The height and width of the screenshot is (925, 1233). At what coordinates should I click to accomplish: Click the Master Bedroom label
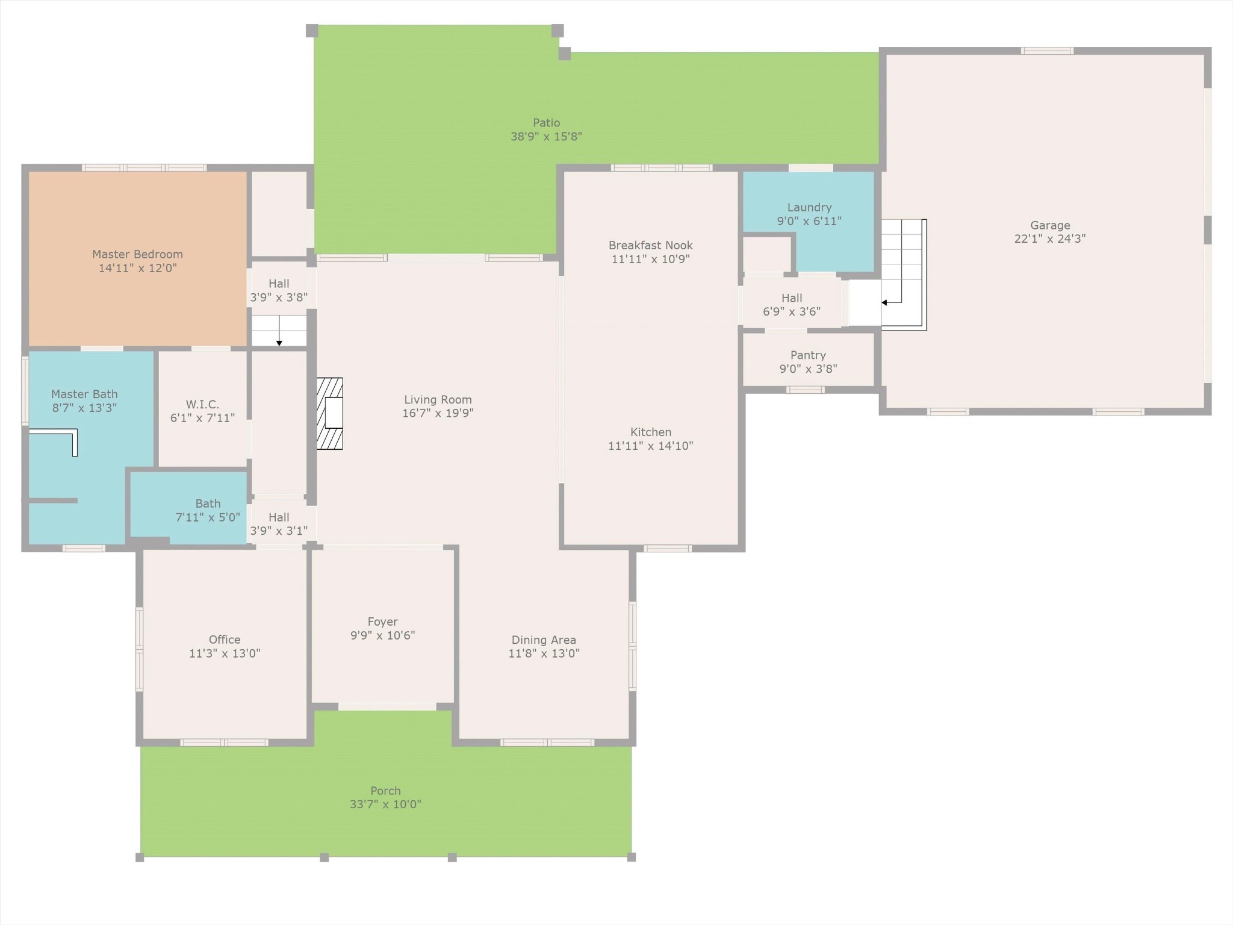pyautogui.click(x=137, y=255)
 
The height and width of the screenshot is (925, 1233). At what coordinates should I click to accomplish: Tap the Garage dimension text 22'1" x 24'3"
pyautogui.click(x=1050, y=238)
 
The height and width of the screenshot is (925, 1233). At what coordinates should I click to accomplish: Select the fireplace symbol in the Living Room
pyautogui.click(x=330, y=414)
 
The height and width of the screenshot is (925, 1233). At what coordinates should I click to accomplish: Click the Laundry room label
pyautogui.click(x=809, y=208)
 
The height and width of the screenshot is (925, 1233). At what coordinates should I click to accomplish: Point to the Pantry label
pyautogui.click(x=808, y=355)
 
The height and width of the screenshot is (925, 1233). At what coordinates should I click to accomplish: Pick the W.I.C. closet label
pyautogui.click(x=202, y=404)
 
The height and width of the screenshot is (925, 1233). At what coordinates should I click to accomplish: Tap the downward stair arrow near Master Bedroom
pyautogui.click(x=279, y=331)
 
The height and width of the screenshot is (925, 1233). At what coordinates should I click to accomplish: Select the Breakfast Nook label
pyautogui.click(x=650, y=245)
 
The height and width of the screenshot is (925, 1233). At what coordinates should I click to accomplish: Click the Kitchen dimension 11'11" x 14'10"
pyautogui.click(x=650, y=446)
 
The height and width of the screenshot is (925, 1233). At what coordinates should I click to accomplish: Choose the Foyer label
pyautogui.click(x=383, y=621)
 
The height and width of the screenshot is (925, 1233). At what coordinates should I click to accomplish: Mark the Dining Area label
pyautogui.click(x=544, y=640)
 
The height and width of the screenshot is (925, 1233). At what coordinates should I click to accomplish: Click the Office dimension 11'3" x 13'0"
pyautogui.click(x=225, y=653)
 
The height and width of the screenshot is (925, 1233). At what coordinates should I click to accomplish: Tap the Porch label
pyautogui.click(x=385, y=791)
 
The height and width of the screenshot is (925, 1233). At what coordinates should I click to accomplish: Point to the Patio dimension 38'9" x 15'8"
pyautogui.click(x=546, y=137)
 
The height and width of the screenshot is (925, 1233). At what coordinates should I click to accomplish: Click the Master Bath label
pyautogui.click(x=84, y=394)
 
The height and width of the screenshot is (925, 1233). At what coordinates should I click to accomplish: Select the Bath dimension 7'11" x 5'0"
pyautogui.click(x=208, y=517)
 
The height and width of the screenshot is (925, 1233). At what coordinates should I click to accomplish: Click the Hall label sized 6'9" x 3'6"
pyautogui.click(x=792, y=298)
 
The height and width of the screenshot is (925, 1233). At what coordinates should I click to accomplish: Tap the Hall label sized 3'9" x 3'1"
pyautogui.click(x=279, y=517)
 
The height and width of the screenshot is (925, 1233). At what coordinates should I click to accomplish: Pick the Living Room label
pyautogui.click(x=438, y=400)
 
